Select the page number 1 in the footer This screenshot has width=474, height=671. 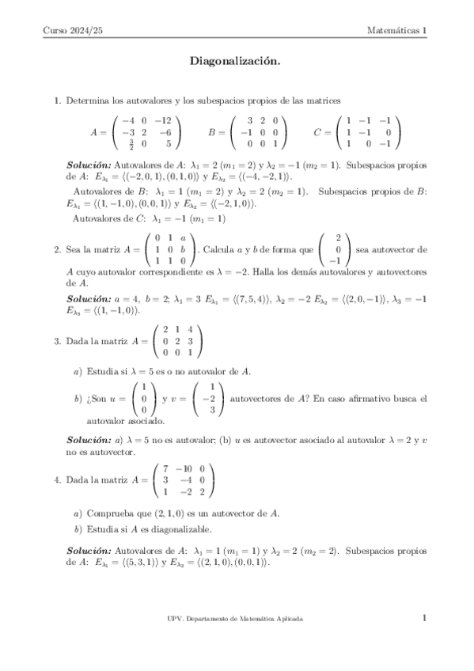pyautogui.click(x=425, y=618)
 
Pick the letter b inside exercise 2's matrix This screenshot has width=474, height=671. pyautogui.click(x=184, y=248)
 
